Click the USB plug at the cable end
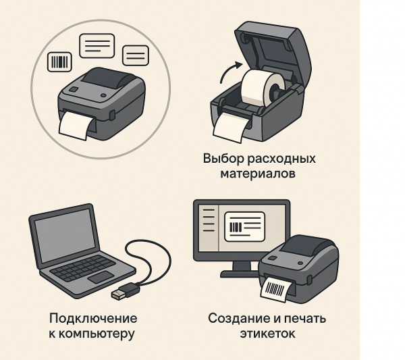(x=124, y=291)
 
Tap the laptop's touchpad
(x=101, y=277)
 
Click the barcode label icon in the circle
(x=59, y=62)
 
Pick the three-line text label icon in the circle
(x=97, y=46)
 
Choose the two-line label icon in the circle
(x=136, y=55)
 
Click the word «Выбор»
(x=223, y=158)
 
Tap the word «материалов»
(x=258, y=174)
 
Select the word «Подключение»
(x=93, y=318)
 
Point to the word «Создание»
(x=239, y=319)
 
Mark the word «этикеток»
(x=267, y=334)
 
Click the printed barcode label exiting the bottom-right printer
(x=277, y=288)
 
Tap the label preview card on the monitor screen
(x=245, y=227)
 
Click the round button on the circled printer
(x=103, y=95)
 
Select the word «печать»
(x=305, y=319)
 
